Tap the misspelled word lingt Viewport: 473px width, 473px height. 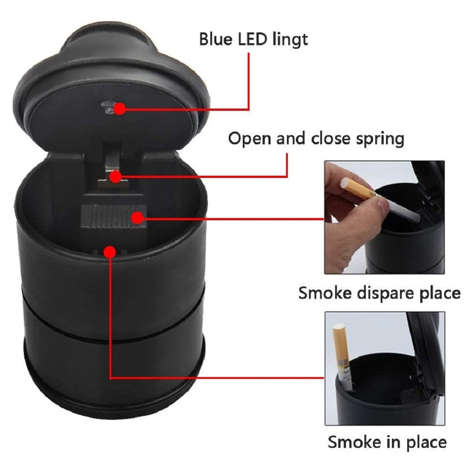[x=289, y=40]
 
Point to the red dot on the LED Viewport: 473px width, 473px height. [x=119, y=109]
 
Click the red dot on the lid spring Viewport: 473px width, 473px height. [x=116, y=177]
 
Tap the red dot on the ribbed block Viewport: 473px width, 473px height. [x=137, y=218]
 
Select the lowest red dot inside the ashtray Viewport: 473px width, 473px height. [x=109, y=251]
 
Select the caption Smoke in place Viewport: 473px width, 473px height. [x=387, y=442]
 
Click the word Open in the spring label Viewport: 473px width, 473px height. [x=248, y=139]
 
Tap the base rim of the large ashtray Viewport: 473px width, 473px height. [x=110, y=408]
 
